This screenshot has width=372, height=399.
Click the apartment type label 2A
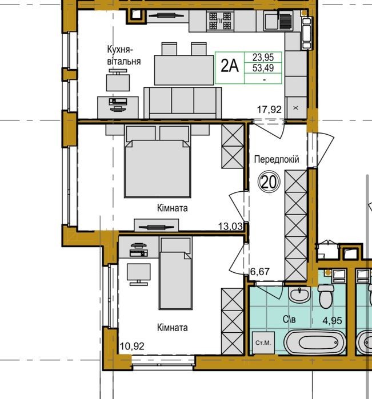click(230, 66)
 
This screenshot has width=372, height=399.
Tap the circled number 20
click(269, 182)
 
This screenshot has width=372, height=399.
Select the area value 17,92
click(269, 110)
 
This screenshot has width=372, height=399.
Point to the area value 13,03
click(230, 226)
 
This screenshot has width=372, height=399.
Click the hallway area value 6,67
click(259, 272)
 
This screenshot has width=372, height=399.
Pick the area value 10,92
click(132, 346)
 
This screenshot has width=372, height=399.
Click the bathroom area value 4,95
click(332, 321)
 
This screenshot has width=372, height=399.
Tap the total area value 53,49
click(263, 68)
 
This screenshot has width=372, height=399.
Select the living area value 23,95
click(263, 57)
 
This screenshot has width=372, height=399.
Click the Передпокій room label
click(277, 160)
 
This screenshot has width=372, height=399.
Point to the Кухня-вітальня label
click(124, 55)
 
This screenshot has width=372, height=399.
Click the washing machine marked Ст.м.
click(263, 342)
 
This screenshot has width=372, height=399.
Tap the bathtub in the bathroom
click(315, 342)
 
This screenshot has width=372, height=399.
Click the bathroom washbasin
click(299, 295)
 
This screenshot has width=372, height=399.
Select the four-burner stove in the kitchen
click(220, 21)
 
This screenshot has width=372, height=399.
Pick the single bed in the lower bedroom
click(175, 273)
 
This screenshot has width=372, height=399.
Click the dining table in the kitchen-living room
click(184, 70)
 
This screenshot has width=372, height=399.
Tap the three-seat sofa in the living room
click(183, 103)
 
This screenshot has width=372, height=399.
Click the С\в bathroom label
click(289, 319)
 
